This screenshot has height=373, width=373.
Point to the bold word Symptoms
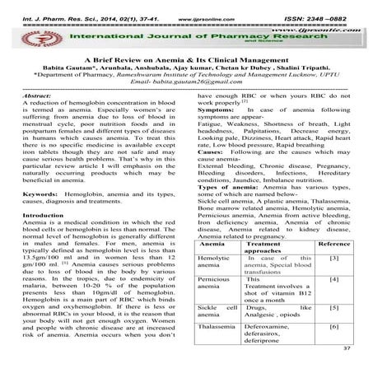pyautogui.click(x=217, y=110)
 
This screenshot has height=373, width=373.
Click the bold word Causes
pyautogui.click(x=211, y=153)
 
